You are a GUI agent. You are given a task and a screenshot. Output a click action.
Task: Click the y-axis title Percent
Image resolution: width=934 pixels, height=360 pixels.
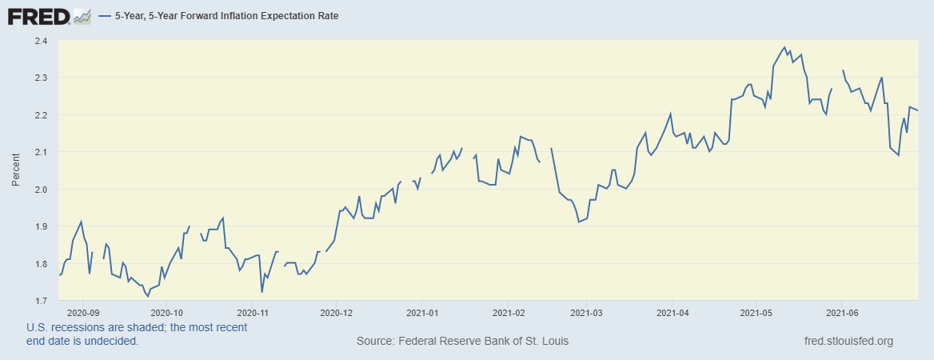(16, 170)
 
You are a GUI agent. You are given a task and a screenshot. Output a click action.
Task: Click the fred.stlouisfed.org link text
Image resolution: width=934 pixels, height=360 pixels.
(848, 342)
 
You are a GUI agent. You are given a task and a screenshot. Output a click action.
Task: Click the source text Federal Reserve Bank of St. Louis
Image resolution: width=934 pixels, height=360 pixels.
(462, 342)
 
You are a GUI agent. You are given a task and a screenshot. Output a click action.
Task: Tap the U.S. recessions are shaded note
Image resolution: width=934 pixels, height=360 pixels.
(137, 334)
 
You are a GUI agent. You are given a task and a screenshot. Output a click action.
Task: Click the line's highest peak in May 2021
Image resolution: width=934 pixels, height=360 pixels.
(784, 47)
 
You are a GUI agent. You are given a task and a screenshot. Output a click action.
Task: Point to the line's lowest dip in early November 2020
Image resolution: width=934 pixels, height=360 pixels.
(262, 291)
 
